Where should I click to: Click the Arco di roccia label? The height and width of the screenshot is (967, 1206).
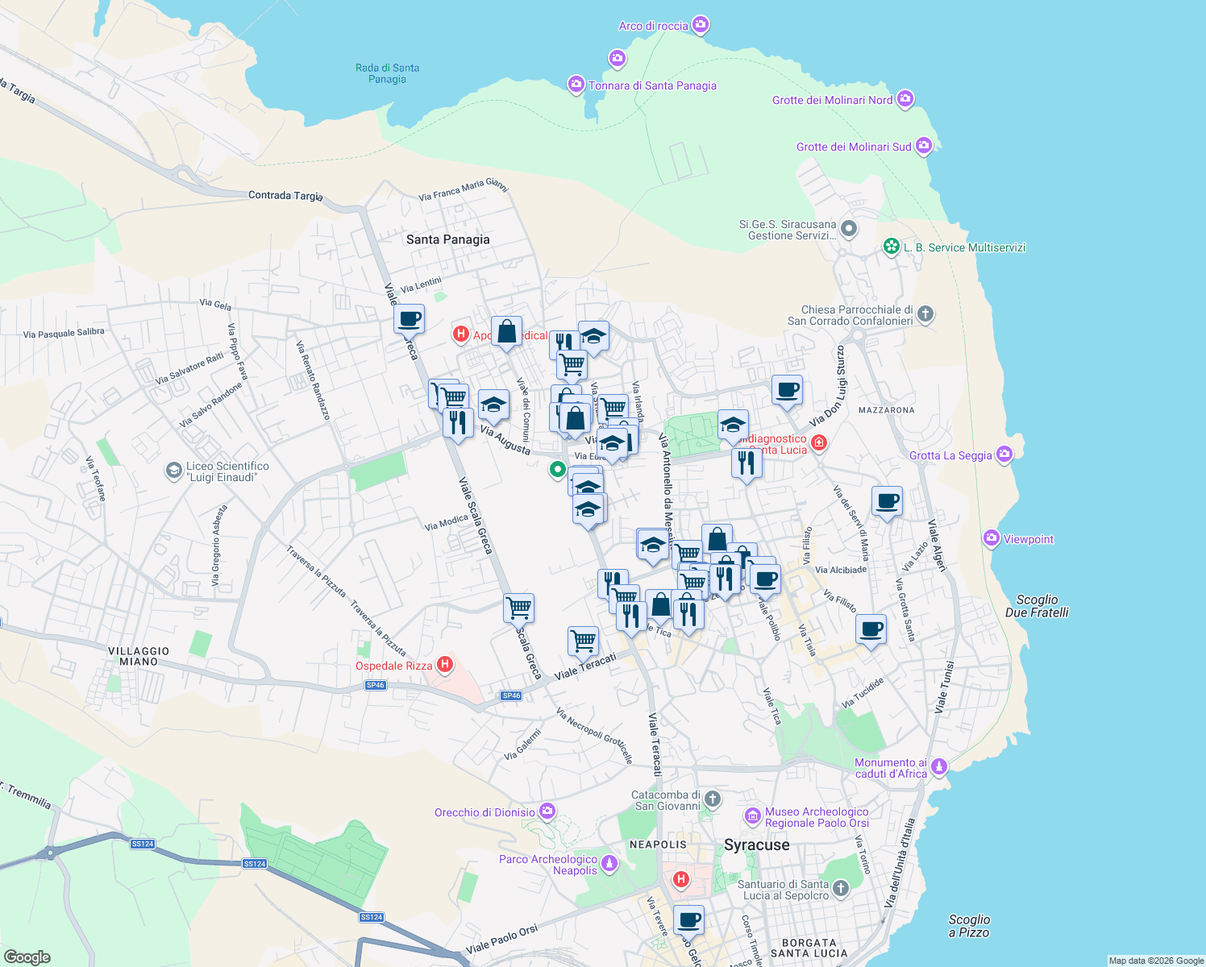(653, 26)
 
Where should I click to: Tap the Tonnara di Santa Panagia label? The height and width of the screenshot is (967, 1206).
(652, 85)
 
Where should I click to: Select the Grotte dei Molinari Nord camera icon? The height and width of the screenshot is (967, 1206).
(905, 99)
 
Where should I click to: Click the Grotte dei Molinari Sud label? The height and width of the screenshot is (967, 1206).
(853, 147)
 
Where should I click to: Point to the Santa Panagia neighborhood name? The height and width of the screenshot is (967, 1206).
(447, 239)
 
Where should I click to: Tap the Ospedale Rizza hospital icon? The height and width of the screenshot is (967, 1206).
(444, 665)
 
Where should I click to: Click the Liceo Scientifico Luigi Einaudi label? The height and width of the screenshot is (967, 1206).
(227, 471)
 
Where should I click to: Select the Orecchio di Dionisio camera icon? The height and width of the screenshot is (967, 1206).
(547, 811)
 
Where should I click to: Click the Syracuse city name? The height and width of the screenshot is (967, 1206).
(756, 845)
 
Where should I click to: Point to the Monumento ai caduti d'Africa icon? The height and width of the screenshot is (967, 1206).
(938, 766)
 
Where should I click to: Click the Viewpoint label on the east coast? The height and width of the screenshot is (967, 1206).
(1028, 539)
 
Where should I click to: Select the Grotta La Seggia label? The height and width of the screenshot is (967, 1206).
(950, 455)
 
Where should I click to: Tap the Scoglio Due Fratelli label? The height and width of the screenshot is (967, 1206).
(1037, 606)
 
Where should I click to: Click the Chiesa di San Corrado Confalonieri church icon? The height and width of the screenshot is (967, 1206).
(925, 313)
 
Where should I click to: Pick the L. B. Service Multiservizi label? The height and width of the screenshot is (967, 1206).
(964, 247)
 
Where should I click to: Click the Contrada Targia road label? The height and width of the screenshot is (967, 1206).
(285, 195)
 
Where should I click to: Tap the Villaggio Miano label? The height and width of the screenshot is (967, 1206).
(139, 656)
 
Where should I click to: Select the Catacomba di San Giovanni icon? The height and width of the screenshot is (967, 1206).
(712, 799)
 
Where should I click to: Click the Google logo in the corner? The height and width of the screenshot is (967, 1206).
(27, 957)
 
